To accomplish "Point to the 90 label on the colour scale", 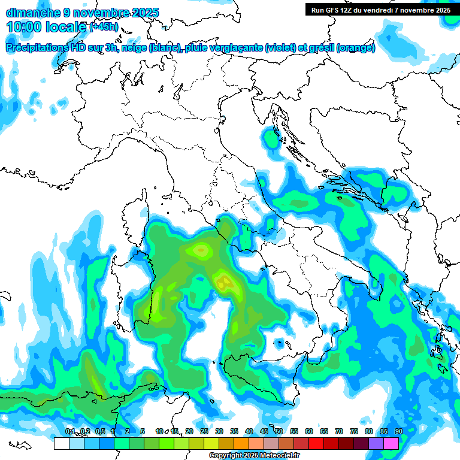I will (x=398, y=431).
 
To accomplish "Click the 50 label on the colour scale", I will (x=279, y=431).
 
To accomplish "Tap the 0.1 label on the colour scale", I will (x=70, y=431).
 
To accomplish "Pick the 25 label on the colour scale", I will (x=204, y=431).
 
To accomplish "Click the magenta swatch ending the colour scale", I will (x=391, y=443).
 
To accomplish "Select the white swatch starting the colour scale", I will (x=61, y=443).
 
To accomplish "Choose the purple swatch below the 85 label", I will (x=376, y=443).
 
